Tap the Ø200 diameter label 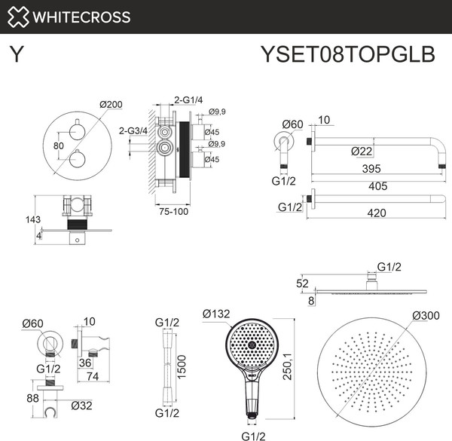point(111,104)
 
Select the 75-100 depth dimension point(172,211)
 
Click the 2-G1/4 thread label point(188,100)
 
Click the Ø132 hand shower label point(217,314)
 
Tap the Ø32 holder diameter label point(82,406)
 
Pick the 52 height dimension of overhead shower point(302,283)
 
